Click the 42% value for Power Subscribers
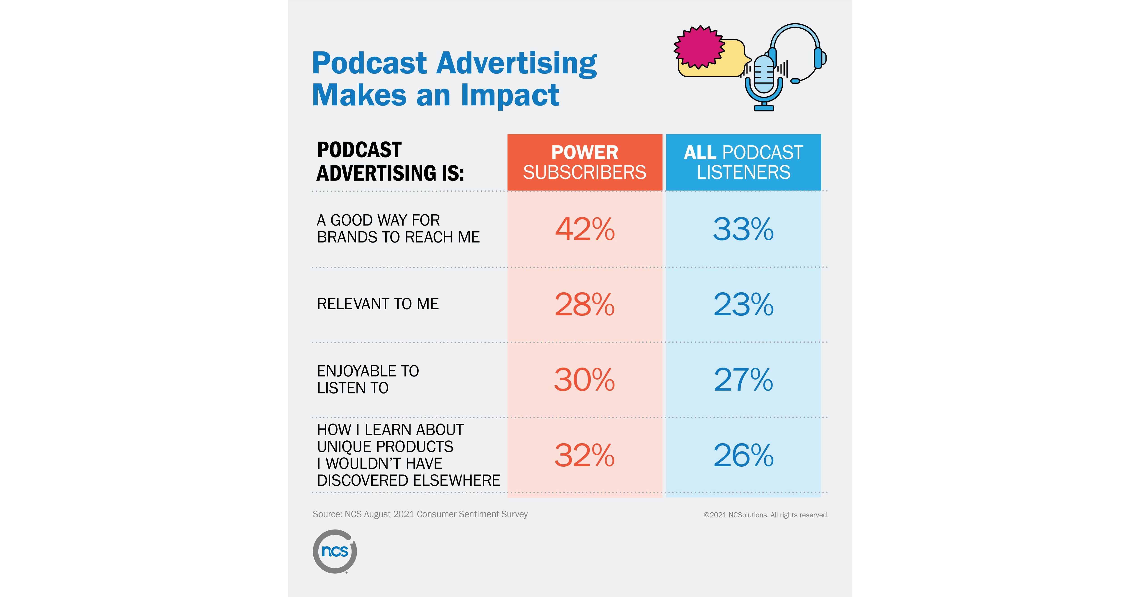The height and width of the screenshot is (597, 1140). (x=585, y=229)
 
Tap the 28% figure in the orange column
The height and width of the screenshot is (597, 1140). (x=585, y=305)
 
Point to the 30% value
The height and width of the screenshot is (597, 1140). (x=585, y=380)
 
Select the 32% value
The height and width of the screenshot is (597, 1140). (x=585, y=455)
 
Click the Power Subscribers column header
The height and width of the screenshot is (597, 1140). (x=585, y=162)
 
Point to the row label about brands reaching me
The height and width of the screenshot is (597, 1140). (x=398, y=229)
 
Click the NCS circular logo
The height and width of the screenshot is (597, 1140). (x=335, y=551)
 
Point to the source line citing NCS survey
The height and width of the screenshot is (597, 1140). (x=420, y=514)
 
